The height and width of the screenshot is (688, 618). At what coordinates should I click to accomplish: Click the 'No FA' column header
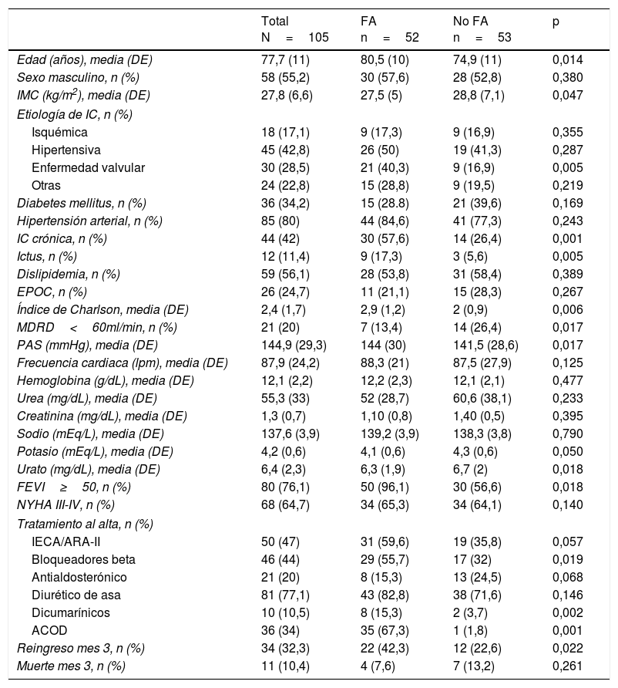470,22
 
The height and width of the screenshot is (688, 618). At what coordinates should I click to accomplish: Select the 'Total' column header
275,22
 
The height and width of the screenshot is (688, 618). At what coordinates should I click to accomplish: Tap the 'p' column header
556,22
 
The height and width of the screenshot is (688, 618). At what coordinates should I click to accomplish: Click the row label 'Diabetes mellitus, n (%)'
82,203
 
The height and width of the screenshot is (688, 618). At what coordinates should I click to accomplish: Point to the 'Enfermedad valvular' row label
88,167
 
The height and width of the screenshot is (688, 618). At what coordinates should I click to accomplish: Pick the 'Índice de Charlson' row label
102,309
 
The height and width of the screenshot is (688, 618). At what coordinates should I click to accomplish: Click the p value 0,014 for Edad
568,59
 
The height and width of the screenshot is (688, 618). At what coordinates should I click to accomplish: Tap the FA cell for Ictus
381,256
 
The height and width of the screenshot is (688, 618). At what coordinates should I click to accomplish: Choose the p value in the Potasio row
568,452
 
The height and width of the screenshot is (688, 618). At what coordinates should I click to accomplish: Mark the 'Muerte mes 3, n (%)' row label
71,666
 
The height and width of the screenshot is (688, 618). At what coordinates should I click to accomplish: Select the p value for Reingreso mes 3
568,648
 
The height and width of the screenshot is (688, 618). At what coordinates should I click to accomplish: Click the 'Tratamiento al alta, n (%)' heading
79,524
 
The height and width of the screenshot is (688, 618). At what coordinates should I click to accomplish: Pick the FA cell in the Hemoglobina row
386,381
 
